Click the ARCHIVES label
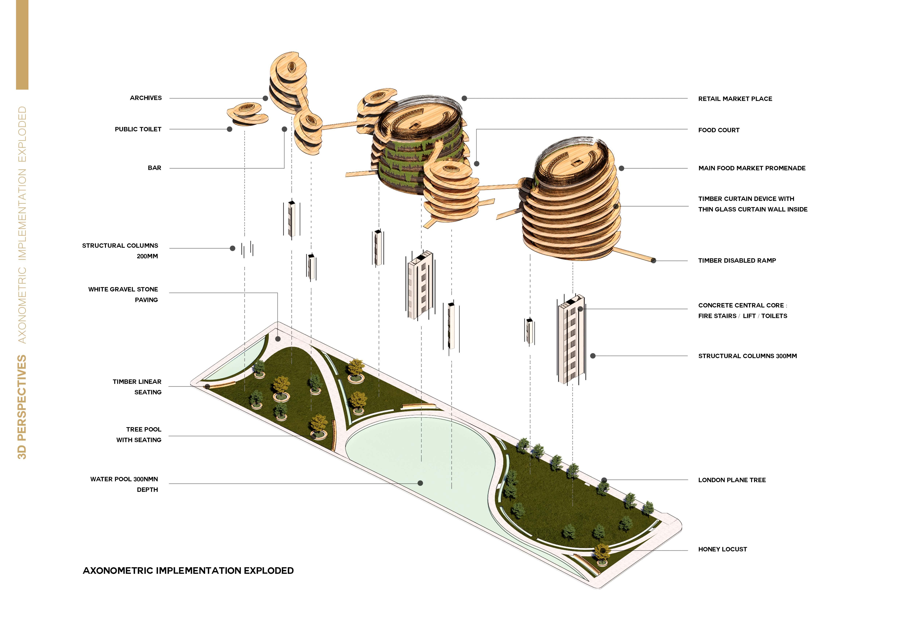coord(146,98)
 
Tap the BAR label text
coord(154,168)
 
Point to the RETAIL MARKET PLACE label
coord(735,99)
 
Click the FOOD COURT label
coord(718,130)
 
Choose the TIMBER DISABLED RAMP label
coord(737,260)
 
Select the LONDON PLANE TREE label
coord(732,480)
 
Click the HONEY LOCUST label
coord(722,549)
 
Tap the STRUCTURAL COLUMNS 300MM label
coord(747,356)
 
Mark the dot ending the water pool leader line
coord(420,483)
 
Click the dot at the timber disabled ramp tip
coord(653,260)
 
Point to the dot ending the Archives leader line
coord(265,98)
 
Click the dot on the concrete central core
coord(580,309)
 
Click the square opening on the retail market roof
coord(414,126)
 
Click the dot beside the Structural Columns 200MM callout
coord(232,248)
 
